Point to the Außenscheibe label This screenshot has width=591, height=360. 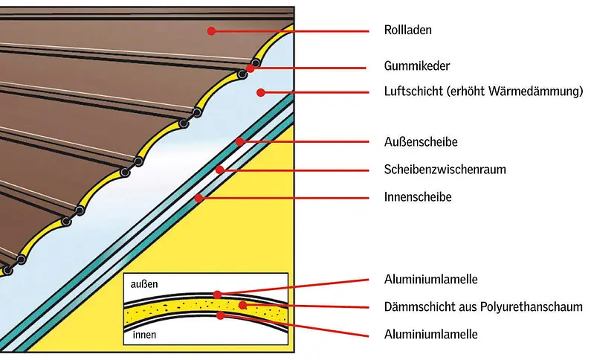420,141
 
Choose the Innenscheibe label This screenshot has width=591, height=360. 419,198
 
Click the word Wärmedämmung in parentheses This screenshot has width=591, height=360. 537,92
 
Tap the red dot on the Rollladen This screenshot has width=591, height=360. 212,31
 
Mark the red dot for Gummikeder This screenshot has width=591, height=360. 251,68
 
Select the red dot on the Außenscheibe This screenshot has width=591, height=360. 239,141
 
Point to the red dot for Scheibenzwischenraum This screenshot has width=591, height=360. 220,170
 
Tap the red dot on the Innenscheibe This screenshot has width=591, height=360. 198,198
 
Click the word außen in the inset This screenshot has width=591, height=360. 144,284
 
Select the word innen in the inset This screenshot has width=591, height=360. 144,335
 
